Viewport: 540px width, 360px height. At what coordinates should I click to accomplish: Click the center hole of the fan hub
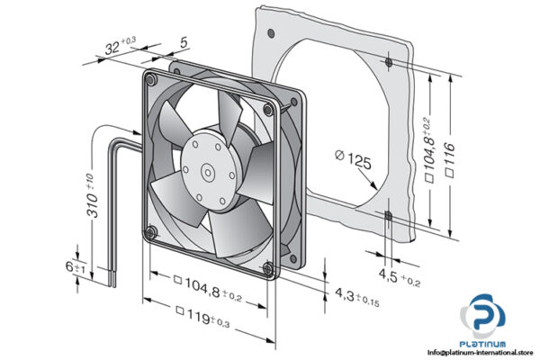tap(206, 167)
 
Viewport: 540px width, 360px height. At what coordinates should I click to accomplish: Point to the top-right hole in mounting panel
tap(387, 63)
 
